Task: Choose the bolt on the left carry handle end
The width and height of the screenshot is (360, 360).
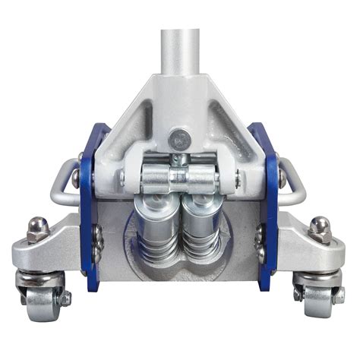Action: point(76,179)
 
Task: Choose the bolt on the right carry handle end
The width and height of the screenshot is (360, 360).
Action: point(283,179)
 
